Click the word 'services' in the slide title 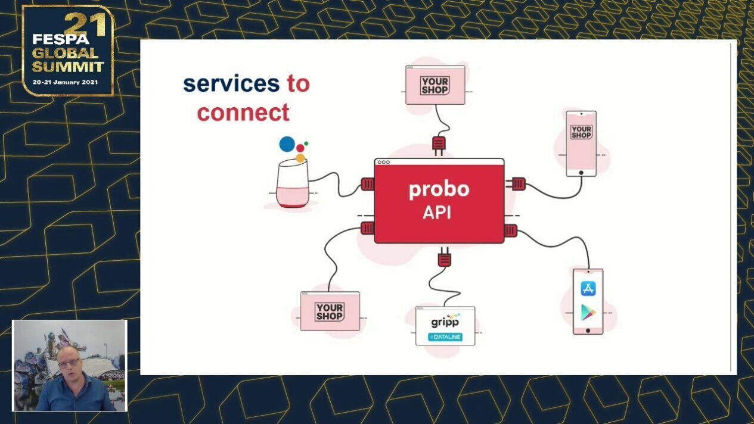coord(231,84)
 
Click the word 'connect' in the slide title coord(243,113)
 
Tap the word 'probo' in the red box coord(439,189)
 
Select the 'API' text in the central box coord(437,213)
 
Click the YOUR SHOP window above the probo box coord(435,85)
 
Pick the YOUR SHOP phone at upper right coord(581,143)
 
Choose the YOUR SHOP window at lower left coord(330,311)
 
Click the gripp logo coord(444,322)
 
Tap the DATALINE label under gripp coord(445,338)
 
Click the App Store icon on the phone coord(588,289)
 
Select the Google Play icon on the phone coord(588,312)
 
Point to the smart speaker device coord(293,185)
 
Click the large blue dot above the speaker coord(287,144)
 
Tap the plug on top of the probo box coord(439,145)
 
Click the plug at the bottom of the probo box coord(444,257)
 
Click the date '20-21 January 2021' coord(66,82)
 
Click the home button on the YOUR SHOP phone coord(581,173)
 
